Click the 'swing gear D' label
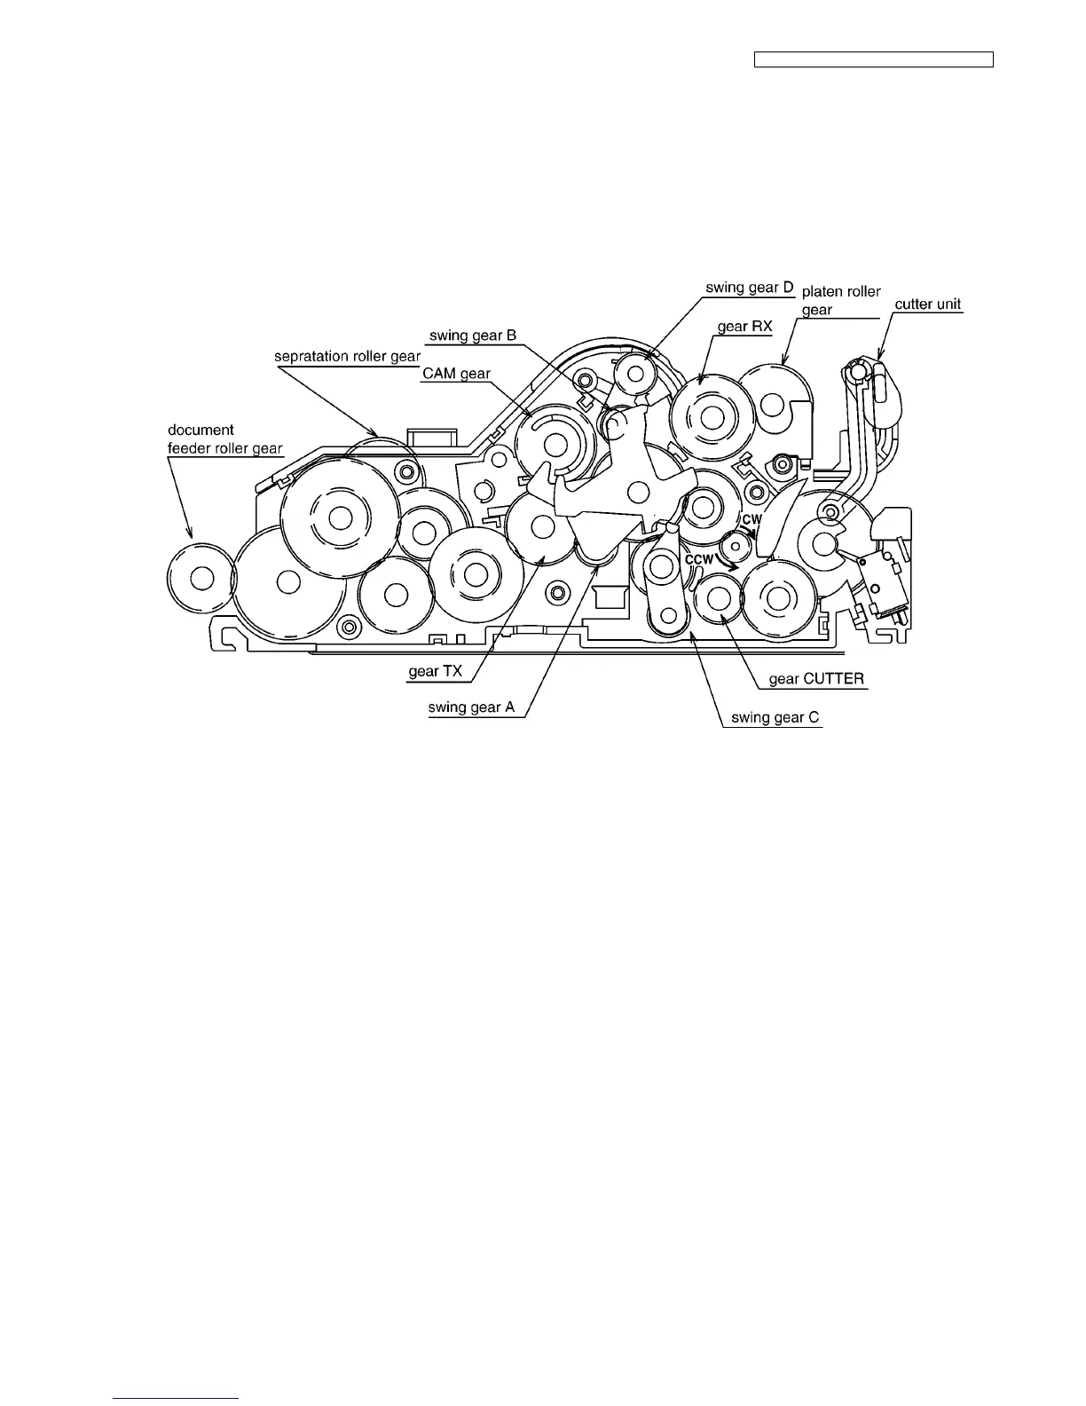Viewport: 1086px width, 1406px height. pos(749,288)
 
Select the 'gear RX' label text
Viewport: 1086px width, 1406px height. pos(744,327)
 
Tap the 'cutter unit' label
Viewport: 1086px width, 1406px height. pos(927,304)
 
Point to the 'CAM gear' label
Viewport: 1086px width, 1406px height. pos(456,374)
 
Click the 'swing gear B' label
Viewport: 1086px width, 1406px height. pos(472,336)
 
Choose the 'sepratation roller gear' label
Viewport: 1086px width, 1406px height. pos(347,357)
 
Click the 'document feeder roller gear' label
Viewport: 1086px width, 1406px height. pos(224,439)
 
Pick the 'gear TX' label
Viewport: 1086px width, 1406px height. pos(435,672)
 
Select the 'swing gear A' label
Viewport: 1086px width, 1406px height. pos(471,707)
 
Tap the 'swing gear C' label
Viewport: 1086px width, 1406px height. pos(775,718)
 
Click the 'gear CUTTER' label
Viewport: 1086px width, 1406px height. pos(816,680)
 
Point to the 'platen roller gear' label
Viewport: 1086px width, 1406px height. pos(841,300)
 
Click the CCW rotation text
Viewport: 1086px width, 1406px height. pos(699,560)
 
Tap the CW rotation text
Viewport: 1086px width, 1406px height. pos(752,519)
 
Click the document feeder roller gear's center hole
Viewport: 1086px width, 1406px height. pos(201,578)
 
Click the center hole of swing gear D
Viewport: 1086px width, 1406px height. pos(635,374)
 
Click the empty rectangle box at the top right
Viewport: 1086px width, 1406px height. pos(873,60)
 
